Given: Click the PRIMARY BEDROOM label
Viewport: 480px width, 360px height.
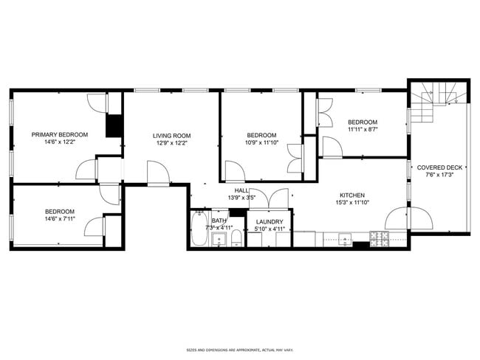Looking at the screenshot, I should click(59, 134).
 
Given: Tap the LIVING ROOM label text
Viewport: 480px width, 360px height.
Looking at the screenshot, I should click(171, 135).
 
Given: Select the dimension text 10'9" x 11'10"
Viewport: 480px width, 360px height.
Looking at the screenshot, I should click(261, 144).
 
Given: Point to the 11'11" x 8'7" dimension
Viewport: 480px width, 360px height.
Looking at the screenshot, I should click(363, 131).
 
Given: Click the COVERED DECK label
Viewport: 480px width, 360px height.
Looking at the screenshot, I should click(440, 167).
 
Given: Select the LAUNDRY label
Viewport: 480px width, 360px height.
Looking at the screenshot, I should click(269, 221).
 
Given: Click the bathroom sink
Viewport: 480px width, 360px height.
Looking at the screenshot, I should click(219, 238).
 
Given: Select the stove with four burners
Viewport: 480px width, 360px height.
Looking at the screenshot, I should click(379, 238).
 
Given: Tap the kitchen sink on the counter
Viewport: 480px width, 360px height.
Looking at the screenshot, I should click(346, 238).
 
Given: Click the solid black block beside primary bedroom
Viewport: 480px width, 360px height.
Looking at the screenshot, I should click(114, 125).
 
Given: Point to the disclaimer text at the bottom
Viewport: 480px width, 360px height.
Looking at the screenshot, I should click(240, 350).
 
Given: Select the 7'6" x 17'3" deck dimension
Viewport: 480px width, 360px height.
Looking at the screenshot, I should click(440, 176).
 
